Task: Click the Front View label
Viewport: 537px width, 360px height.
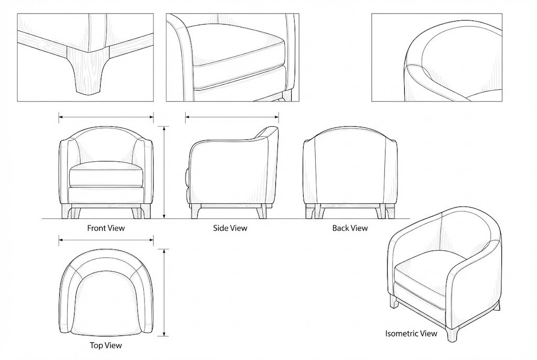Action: coord(106,228)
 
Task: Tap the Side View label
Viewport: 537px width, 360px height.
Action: coord(230,228)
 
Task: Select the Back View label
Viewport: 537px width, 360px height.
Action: coord(350,228)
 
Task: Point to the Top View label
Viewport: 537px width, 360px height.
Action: coord(106,346)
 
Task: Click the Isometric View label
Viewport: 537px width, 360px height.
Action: coord(411,334)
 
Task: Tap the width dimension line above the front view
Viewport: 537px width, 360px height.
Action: coord(106,117)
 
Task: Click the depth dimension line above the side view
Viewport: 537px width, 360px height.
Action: coord(231,117)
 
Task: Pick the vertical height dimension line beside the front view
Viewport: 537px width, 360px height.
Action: coord(165,172)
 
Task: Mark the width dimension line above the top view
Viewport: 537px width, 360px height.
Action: coord(106,241)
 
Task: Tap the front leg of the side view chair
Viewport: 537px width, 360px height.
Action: coord(196,212)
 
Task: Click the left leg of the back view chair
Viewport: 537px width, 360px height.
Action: coord(311,212)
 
